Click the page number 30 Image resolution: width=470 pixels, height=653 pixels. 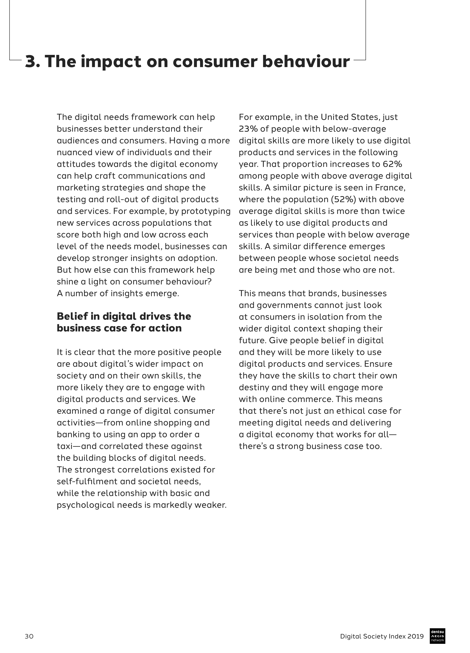[29, 636]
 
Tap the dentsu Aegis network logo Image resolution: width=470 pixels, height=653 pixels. [437, 636]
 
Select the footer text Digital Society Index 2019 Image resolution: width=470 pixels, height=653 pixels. [382, 636]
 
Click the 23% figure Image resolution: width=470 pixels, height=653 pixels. [248, 129]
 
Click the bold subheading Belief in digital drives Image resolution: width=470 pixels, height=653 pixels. [124, 316]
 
